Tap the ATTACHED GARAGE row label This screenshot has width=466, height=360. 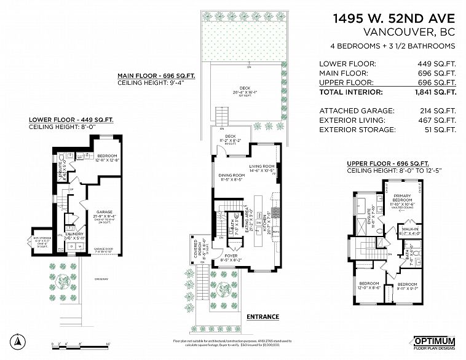pyautogui.click(x=348, y=110)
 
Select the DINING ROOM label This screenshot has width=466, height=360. pyautogui.click(x=232, y=177)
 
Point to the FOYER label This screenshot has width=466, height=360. pyautogui.click(x=232, y=256)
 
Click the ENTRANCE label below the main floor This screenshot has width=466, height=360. pyautogui.click(x=263, y=317)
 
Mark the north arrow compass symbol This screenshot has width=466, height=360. pyautogui.click(x=19, y=341)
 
